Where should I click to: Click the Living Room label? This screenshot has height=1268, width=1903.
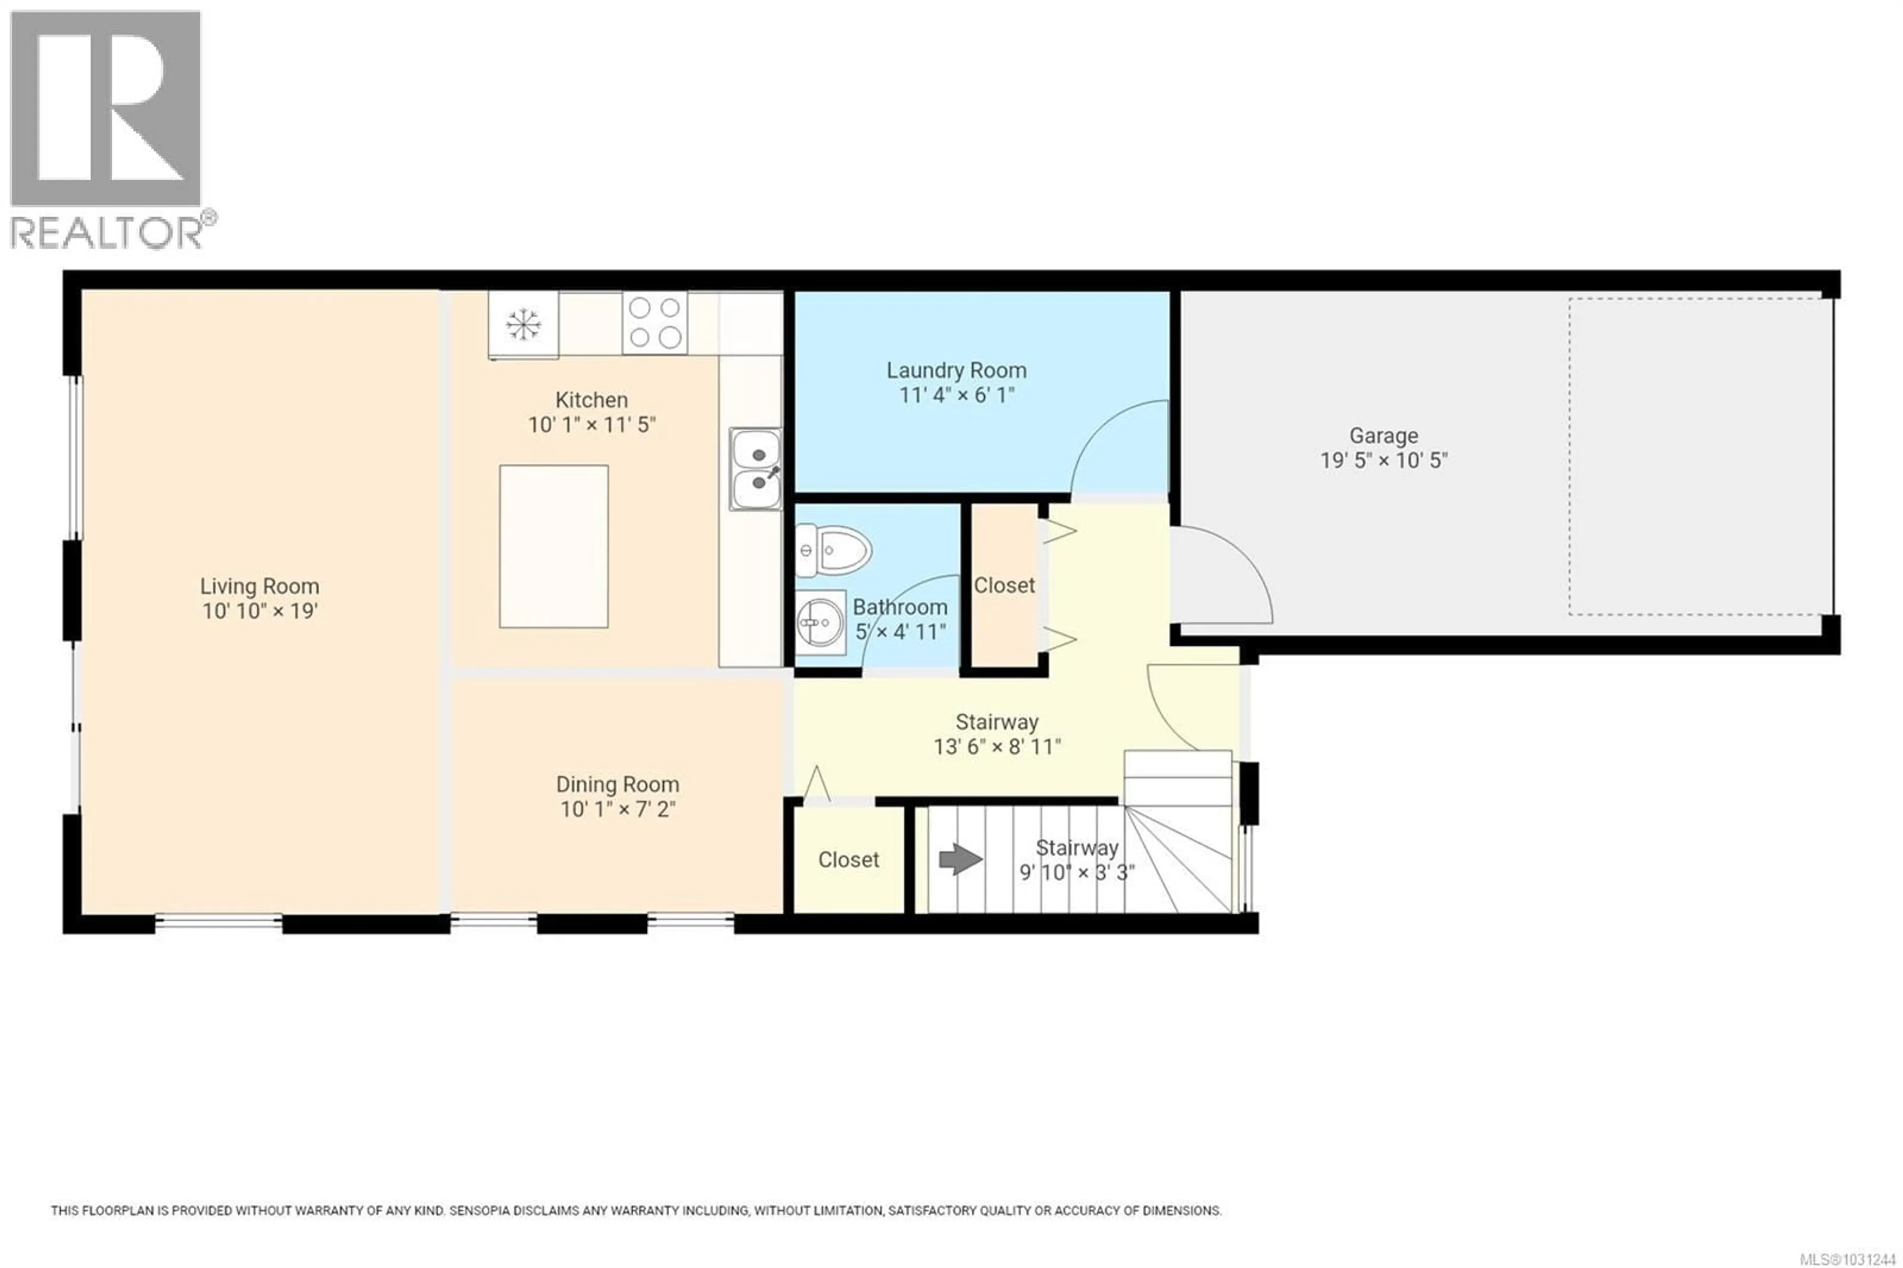pyautogui.click(x=260, y=586)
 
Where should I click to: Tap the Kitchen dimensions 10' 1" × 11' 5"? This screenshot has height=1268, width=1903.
pyautogui.click(x=592, y=424)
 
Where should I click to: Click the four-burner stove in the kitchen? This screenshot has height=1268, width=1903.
pyautogui.click(x=655, y=323)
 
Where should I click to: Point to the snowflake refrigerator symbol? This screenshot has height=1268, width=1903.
pyautogui.click(x=523, y=324)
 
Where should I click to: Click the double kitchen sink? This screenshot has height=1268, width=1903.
pyautogui.click(x=756, y=469)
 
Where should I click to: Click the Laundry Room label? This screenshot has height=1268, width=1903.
pyautogui.click(x=956, y=370)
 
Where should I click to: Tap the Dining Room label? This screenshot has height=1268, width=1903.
pyautogui.click(x=617, y=784)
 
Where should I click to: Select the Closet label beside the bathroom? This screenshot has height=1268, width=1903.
pyautogui.click(x=1004, y=585)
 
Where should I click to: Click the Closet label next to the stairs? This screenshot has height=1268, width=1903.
pyautogui.click(x=848, y=860)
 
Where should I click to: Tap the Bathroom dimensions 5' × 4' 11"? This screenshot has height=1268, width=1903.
pyautogui.click(x=900, y=632)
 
